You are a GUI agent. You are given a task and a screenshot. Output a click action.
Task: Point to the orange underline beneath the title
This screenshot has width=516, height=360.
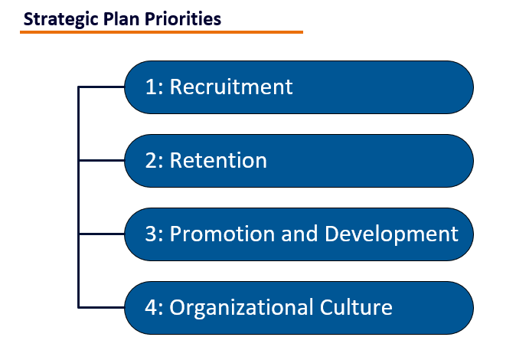(x=161, y=32)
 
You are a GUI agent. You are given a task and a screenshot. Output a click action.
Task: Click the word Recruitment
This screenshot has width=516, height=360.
(x=231, y=87)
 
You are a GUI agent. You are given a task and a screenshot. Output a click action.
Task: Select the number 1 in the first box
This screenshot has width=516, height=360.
(x=151, y=87)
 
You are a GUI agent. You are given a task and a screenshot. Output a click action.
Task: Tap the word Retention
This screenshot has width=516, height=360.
(x=218, y=160)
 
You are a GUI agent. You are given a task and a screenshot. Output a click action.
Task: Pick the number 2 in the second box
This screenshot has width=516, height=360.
(x=151, y=160)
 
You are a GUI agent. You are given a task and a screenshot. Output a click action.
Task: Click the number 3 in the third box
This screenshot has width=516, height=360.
(x=151, y=234)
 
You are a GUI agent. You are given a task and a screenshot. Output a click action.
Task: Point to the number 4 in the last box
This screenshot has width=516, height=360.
(x=151, y=307)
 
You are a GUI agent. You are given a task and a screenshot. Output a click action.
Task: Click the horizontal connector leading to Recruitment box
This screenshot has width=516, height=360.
(x=102, y=87)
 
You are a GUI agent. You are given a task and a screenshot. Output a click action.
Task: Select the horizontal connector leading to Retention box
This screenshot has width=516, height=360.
(x=102, y=161)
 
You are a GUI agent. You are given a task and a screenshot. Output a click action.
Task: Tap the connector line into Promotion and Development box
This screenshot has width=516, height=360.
(x=102, y=234)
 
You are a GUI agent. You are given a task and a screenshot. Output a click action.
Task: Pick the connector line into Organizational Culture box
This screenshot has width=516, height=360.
(x=102, y=308)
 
